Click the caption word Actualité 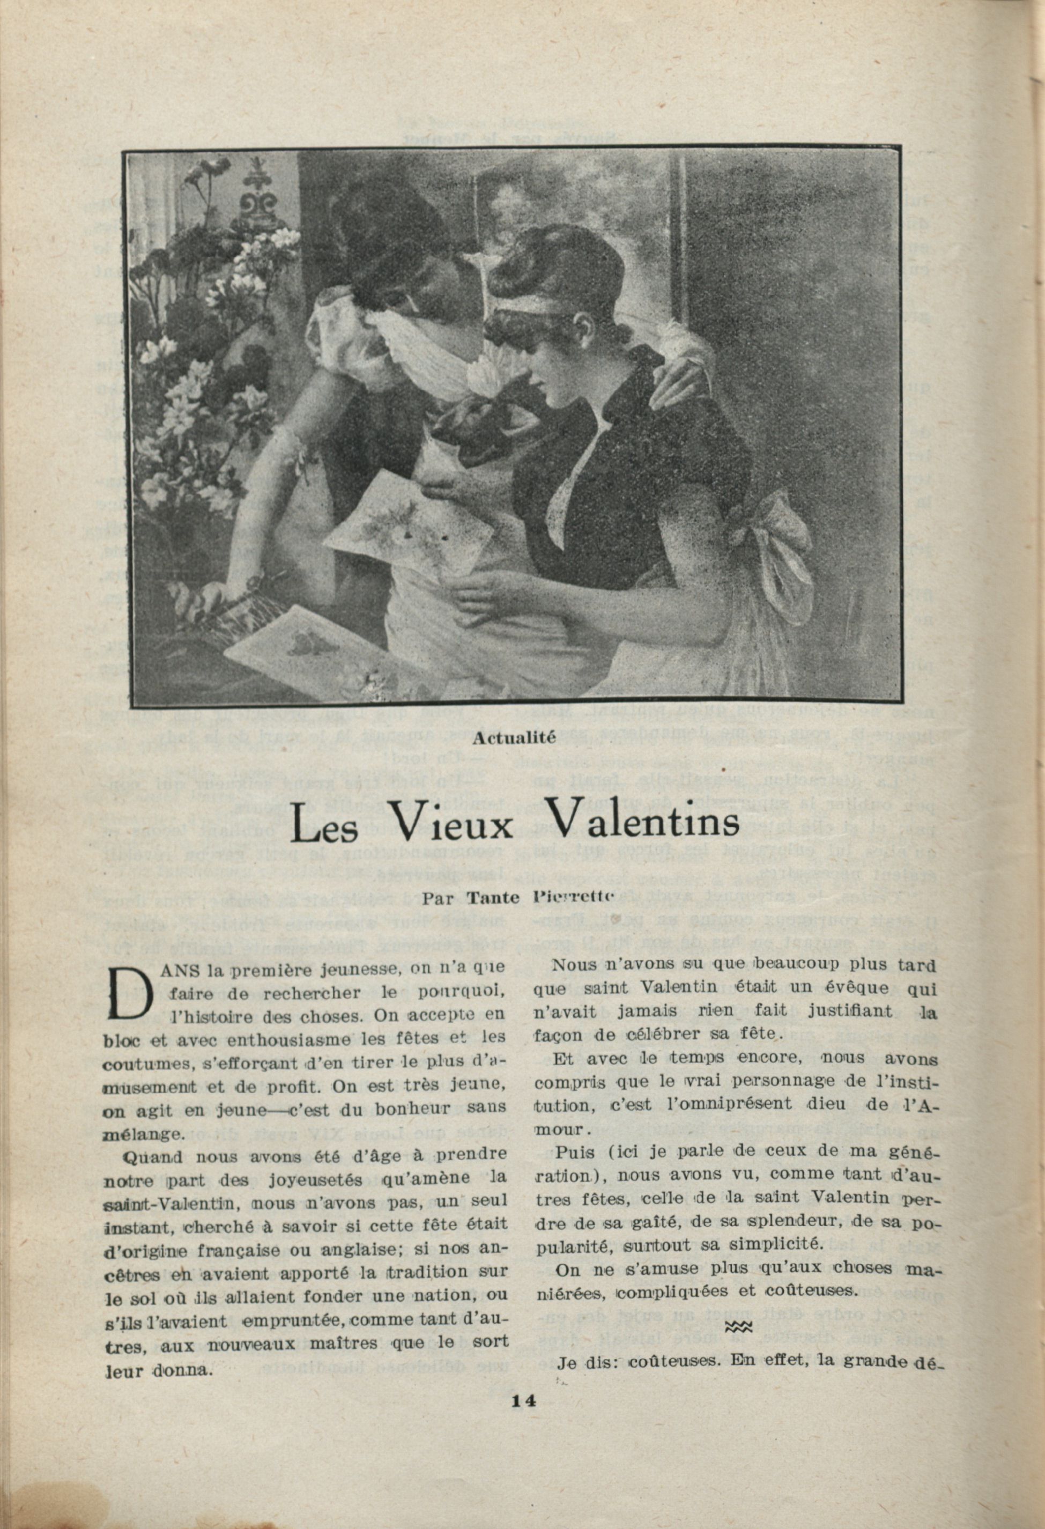click(x=514, y=737)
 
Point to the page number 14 click(x=523, y=1469)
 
